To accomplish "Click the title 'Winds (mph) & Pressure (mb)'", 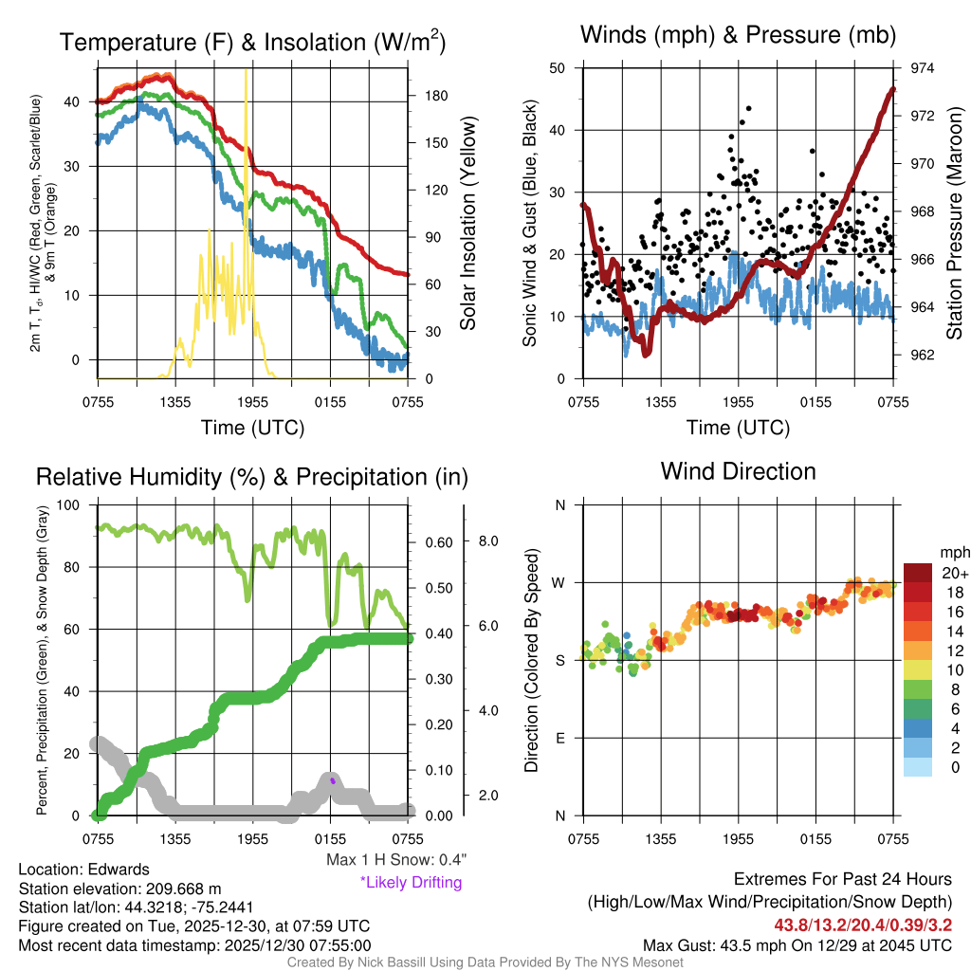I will point(738,36).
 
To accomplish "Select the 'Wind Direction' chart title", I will point(738,471).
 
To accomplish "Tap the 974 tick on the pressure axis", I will point(923,68).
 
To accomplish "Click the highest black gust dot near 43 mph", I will point(748,109).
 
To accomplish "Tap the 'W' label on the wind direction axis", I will point(559,582).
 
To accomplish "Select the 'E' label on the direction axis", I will point(560,738).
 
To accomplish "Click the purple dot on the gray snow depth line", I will point(334,781).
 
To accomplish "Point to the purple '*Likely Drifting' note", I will point(411,882).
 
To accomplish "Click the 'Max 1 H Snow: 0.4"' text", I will point(395,859).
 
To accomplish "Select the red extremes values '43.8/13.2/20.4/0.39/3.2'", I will point(864,925).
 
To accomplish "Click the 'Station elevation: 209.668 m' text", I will point(119,889).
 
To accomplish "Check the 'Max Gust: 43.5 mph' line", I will point(797,944).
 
